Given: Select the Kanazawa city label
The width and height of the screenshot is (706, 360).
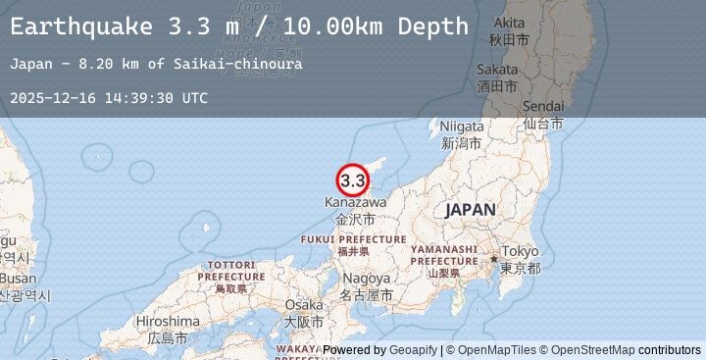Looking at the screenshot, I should pos(355,202).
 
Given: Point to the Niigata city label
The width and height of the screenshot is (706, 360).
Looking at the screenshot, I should pos(462,127).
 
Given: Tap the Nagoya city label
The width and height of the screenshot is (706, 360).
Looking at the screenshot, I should pos(365,277).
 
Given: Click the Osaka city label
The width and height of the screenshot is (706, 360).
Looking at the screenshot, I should pos(304,305).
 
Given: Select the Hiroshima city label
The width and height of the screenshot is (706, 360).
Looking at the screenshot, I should pos(168,321).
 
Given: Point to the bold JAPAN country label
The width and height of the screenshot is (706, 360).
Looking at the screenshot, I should pos(470,210).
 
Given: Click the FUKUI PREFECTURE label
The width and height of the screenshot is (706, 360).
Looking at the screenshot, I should pos(353,239).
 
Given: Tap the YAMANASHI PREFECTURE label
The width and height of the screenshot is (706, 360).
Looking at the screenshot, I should pos(444,255).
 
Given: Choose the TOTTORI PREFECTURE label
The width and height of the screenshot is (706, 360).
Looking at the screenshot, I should pos(231,271).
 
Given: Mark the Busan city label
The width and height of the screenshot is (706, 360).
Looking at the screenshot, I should pos(19,278).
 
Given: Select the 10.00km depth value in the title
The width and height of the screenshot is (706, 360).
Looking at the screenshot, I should pos(346,26).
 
